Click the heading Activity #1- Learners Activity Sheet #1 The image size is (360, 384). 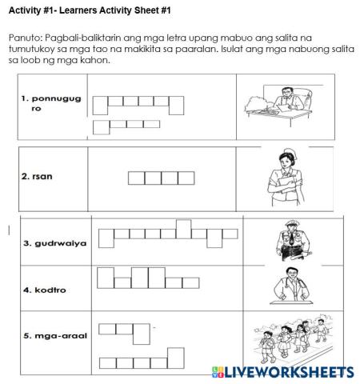coord(89,10)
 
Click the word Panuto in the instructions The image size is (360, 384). coord(24,38)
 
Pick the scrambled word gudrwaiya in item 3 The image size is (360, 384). coord(55,242)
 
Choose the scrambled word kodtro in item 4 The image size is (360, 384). coord(44,289)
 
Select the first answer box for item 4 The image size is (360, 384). coord(105,278)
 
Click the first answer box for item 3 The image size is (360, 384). coord(106,238)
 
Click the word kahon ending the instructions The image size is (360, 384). coord(93,61)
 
